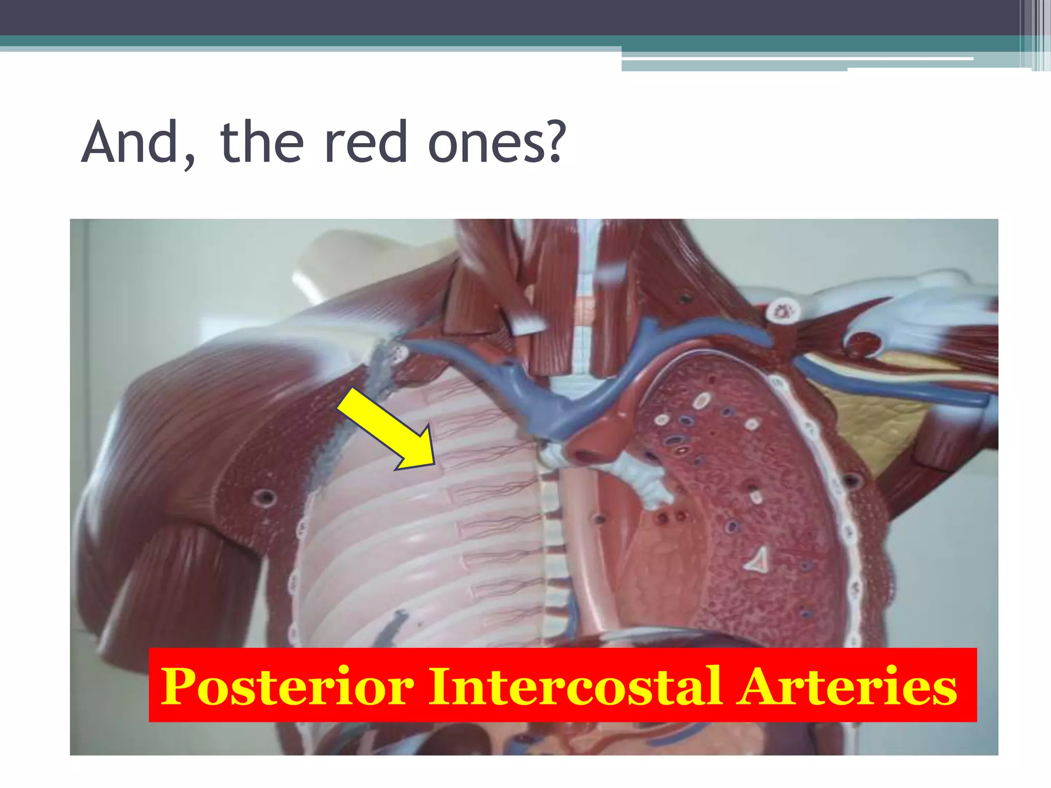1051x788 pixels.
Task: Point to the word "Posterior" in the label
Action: point(287,686)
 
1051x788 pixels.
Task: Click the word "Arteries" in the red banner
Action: point(846,686)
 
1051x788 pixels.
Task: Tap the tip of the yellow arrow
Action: point(434,465)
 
